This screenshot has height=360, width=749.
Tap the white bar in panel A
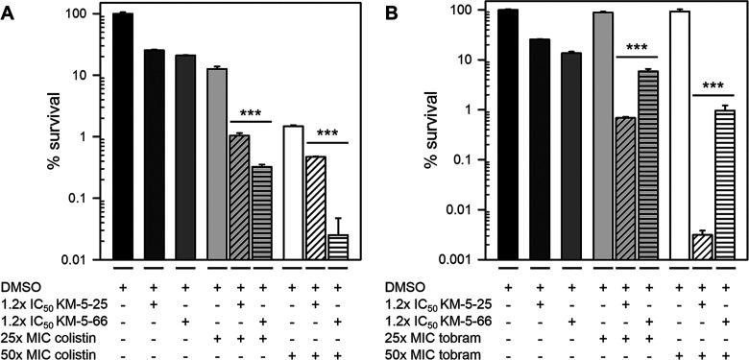tap(293, 192)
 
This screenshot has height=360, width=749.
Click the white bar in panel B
tap(679, 134)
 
